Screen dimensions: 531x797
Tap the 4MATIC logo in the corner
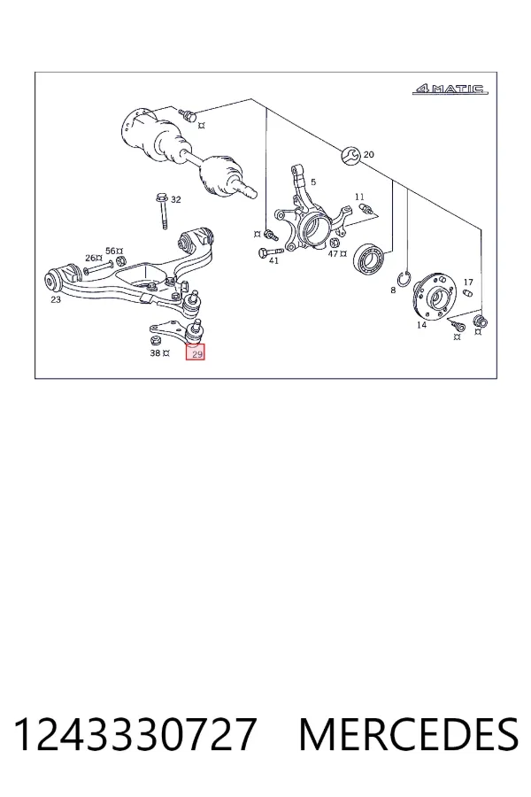click(450, 89)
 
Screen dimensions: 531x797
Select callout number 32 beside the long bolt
click(175, 200)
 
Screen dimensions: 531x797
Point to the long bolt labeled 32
click(162, 211)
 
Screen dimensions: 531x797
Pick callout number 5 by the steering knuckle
click(313, 182)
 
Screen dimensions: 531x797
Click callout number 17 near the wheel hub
click(468, 282)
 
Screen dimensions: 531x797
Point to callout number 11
click(360, 197)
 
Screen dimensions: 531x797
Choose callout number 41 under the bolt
click(273, 260)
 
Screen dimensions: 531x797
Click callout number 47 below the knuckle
click(333, 253)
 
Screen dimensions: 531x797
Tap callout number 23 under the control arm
click(56, 299)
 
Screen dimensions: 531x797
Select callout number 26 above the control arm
click(90, 258)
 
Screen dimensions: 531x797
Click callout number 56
click(111, 251)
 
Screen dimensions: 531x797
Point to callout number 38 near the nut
click(155, 352)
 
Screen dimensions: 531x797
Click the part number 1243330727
click(135, 734)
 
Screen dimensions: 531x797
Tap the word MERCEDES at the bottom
click(409, 734)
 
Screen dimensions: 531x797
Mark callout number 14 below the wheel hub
click(422, 325)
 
